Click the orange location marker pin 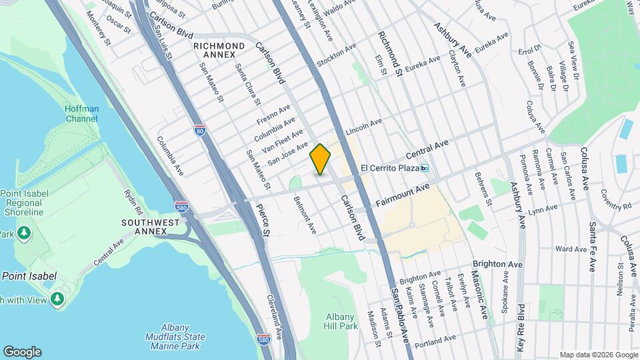320,159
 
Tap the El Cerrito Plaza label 389,168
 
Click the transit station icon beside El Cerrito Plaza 425,168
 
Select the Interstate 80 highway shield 200,130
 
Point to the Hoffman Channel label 81,114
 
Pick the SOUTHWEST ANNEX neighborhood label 151,226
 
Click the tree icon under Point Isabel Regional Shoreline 25,233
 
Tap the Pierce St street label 263,220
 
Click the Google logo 22,351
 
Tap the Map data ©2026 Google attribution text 598,355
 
